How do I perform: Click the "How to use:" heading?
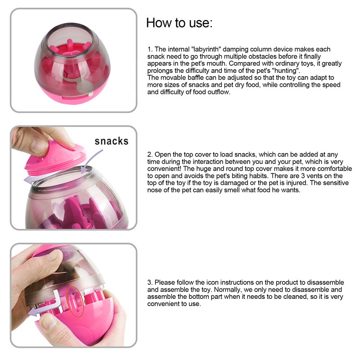[179, 23]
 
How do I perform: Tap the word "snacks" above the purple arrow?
[111, 141]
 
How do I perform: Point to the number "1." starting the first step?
[150, 49]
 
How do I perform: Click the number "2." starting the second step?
[150, 154]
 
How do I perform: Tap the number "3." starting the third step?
[150, 282]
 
